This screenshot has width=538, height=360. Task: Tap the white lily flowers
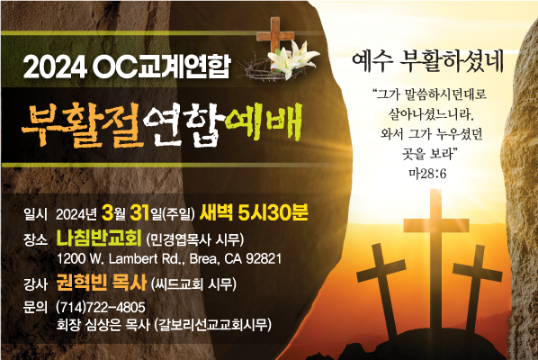[293, 58]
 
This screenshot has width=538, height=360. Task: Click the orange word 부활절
[82, 124]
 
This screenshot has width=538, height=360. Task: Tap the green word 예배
[264, 122]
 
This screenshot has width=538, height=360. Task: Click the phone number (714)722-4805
[101, 307]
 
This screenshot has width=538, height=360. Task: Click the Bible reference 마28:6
[427, 174]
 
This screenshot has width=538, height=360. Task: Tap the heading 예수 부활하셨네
[427, 62]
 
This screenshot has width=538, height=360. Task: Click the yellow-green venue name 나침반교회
[99, 238]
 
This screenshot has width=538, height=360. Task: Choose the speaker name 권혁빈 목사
[102, 283]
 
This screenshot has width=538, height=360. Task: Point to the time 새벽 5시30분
[254, 212]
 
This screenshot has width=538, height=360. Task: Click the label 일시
[35, 214]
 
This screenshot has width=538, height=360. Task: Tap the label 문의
[35, 307]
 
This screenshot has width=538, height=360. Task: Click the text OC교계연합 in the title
[160, 67]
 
